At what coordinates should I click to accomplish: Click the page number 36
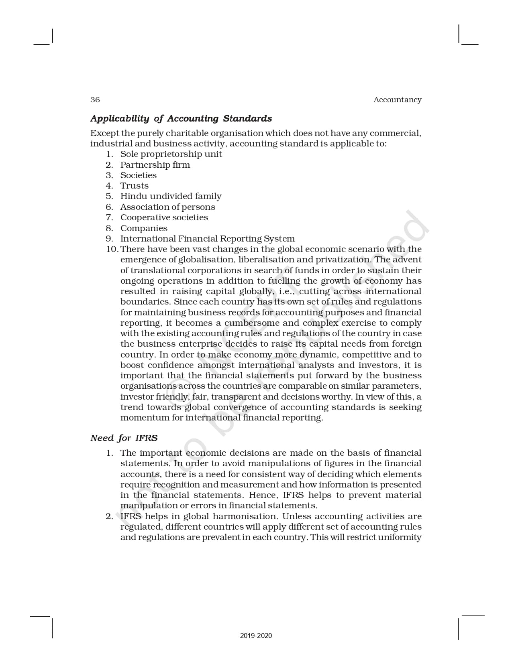(x=95, y=100)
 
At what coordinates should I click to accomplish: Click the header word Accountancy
(x=397, y=100)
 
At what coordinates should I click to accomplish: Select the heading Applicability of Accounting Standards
(x=181, y=119)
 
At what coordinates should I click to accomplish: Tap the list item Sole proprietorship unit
(x=171, y=154)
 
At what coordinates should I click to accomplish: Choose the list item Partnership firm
(x=155, y=165)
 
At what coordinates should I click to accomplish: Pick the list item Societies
(x=139, y=175)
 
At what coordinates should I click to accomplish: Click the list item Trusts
(x=135, y=186)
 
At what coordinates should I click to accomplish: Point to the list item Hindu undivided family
(x=171, y=196)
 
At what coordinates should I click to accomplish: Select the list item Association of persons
(x=167, y=207)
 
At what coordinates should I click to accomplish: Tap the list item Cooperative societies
(x=164, y=217)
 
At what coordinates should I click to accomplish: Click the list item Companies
(x=144, y=228)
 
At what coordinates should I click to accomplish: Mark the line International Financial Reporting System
(x=207, y=239)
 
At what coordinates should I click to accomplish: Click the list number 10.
(x=112, y=249)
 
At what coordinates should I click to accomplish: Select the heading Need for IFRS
(x=124, y=438)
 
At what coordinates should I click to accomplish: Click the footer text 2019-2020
(x=256, y=636)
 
